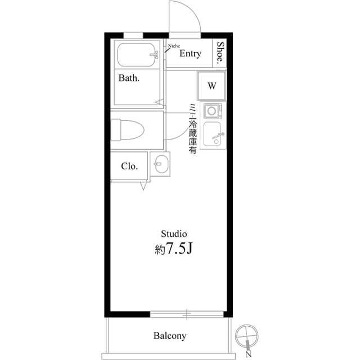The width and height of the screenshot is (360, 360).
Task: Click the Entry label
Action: (x=190, y=53)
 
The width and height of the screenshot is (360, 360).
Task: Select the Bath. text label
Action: (x=129, y=78)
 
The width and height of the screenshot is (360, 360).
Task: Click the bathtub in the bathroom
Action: (x=138, y=55)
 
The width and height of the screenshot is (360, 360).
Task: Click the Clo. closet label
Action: (x=129, y=166)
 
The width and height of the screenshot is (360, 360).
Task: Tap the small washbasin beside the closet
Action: (x=160, y=165)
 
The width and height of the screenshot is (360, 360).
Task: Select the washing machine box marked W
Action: (x=211, y=86)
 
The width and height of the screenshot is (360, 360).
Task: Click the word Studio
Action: (x=174, y=233)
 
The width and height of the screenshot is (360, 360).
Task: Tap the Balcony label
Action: (x=169, y=336)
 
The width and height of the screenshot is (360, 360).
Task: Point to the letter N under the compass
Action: (x=248, y=354)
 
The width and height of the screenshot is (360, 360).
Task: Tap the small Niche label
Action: (x=174, y=43)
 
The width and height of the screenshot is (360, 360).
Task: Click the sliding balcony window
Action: (x=187, y=313)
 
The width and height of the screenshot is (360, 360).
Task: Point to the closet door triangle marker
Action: (x=144, y=186)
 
